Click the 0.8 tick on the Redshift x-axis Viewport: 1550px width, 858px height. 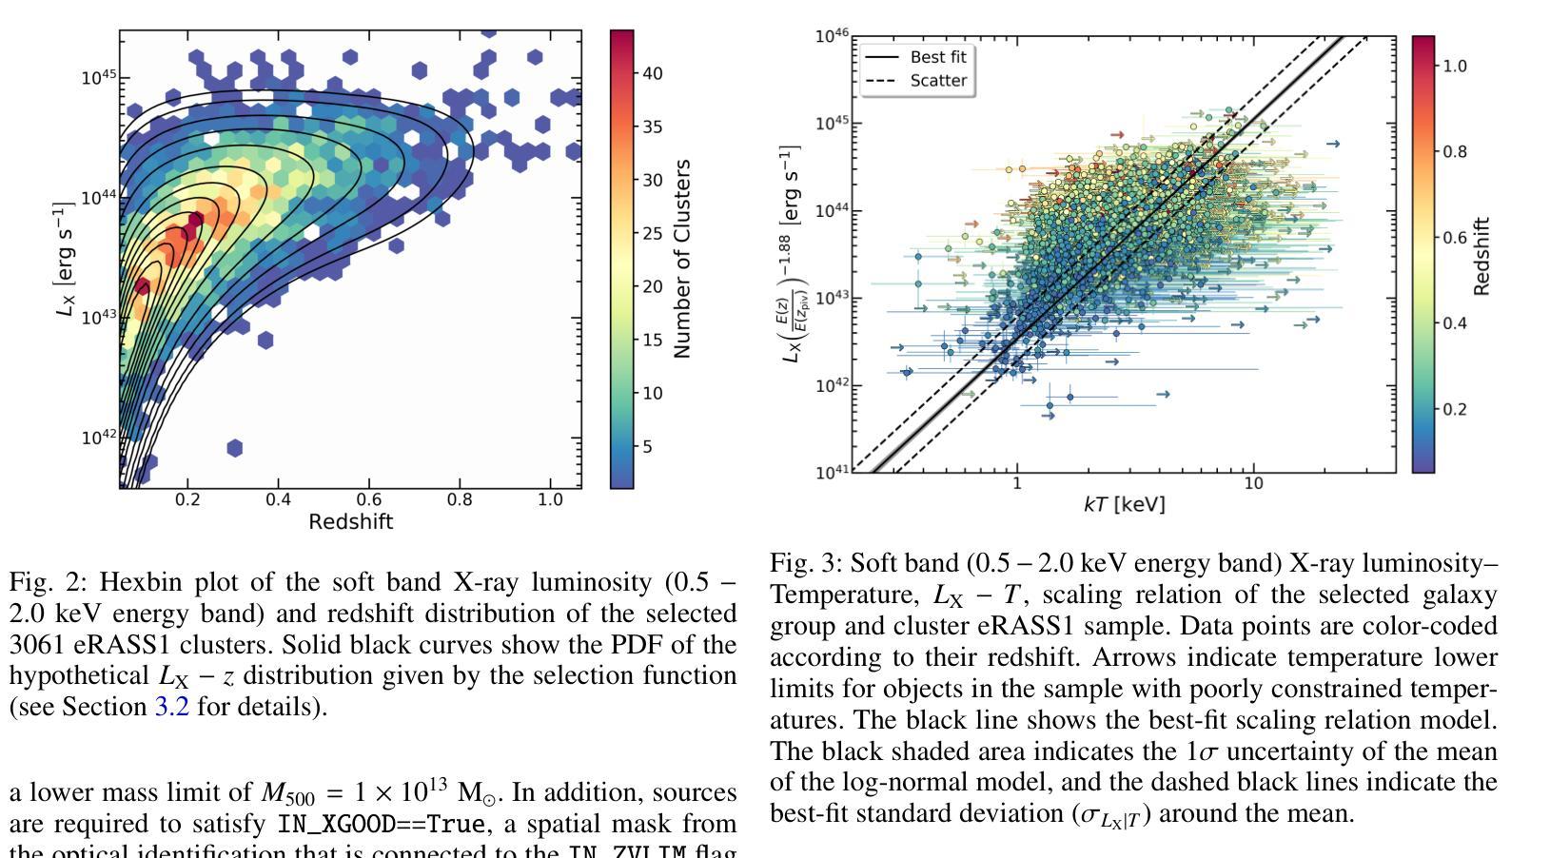click(460, 499)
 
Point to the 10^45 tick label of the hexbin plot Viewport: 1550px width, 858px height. click(98, 77)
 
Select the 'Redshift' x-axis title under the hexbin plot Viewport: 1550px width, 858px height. click(350, 521)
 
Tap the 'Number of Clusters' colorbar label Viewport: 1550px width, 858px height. click(681, 259)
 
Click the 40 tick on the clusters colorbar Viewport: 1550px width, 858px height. click(653, 73)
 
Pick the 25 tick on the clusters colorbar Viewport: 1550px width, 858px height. click(653, 233)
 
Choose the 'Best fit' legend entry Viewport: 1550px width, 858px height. click(937, 57)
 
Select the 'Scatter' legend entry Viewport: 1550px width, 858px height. click(937, 81)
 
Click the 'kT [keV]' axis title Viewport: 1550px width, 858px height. click(1124, 504)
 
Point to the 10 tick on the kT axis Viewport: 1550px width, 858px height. click(1253, 483)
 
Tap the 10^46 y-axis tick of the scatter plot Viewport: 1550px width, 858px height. click(832, 36)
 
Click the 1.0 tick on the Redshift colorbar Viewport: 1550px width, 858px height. click(1455, 66)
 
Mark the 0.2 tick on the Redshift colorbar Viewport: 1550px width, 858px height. click(1455, 409)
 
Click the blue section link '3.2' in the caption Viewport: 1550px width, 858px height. click(171, 707)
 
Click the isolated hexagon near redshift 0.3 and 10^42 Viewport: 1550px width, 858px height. click(235, 447)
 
